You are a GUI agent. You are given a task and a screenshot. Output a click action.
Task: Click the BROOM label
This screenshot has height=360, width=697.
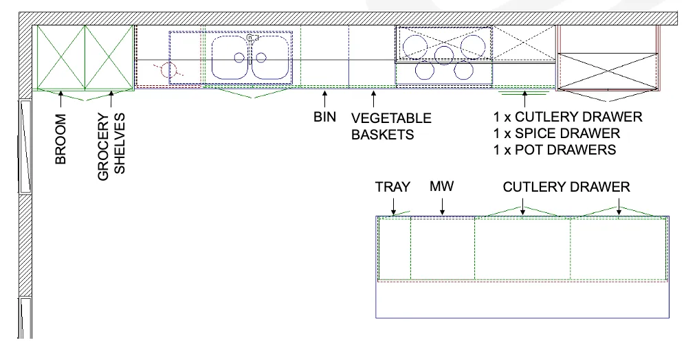point(61,139)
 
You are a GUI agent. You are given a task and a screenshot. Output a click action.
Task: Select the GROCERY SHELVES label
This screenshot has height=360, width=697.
point(112,146)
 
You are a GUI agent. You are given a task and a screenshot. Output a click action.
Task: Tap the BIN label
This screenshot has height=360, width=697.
point(324,117)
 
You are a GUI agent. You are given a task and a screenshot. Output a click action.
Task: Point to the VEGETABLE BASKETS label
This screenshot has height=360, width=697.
point(391,126)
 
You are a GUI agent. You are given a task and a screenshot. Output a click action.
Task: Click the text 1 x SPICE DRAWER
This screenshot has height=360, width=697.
point(556,133)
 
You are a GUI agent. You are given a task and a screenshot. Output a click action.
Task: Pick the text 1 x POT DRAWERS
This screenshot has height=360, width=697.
point(554,150)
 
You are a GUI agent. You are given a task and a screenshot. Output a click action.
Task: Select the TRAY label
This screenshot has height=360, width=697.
point(392,187)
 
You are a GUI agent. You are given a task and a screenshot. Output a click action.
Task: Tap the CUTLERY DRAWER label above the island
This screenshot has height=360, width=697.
point(566,187)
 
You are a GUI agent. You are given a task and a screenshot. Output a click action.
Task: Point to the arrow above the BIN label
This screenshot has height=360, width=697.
point(324,98)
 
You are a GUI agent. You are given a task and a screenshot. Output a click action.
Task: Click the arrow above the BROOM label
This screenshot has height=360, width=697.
point(61,100)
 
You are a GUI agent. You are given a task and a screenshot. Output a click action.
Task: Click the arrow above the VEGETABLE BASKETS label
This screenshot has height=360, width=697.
point(373,98)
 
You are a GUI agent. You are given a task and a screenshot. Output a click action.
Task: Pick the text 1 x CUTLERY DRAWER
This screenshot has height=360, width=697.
point(567,117)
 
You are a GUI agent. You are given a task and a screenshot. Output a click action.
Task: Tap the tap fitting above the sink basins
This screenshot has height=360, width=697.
point(252,38)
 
